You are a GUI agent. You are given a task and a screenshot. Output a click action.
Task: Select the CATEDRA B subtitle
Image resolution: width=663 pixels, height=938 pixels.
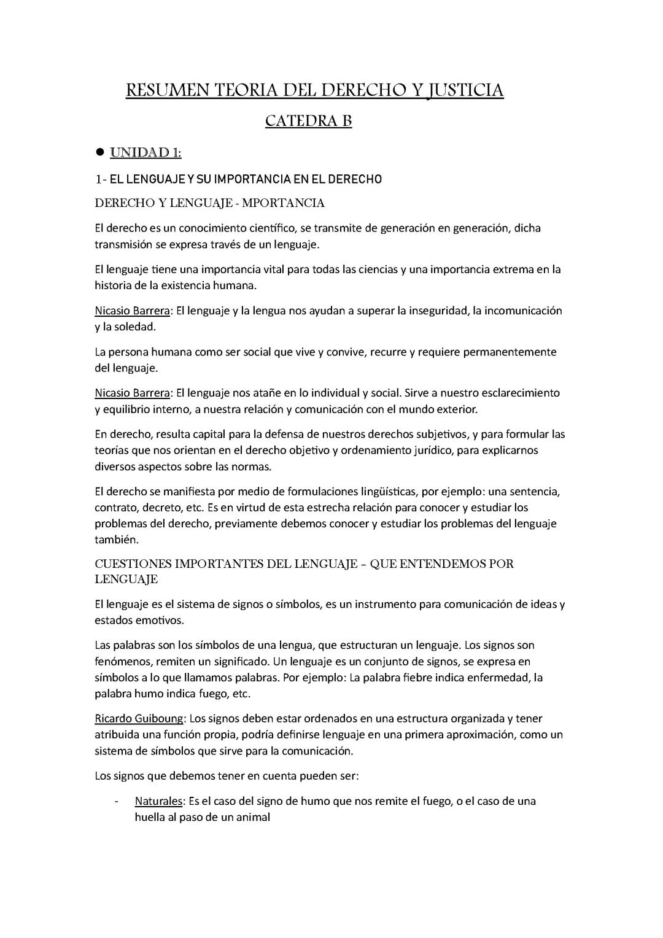click(308, 121)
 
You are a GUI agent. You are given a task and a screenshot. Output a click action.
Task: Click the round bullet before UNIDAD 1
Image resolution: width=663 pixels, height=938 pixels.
click(100, 152)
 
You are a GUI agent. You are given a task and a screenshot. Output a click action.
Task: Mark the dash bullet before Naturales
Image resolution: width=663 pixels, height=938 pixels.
click(116, 801)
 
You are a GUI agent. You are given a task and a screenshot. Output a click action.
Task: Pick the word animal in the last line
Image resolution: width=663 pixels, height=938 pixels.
click(253, 818)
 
